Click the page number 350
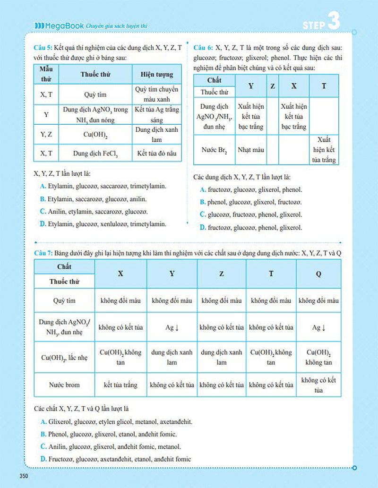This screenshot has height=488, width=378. tap(26, 476)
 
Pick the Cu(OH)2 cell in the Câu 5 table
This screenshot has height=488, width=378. tap(95, 135)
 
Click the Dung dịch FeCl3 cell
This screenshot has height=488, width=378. tap(95, 154)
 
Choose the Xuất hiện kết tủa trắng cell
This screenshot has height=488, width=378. tap(324, 150)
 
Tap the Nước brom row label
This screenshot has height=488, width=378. tap(64, 385)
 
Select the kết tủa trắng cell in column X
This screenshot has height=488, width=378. tap(120, 385)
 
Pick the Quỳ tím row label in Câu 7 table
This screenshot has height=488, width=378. tap(64, 300)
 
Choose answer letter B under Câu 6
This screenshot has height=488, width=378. tap(203, 202)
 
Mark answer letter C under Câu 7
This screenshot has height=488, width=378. tap(43, 446)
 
